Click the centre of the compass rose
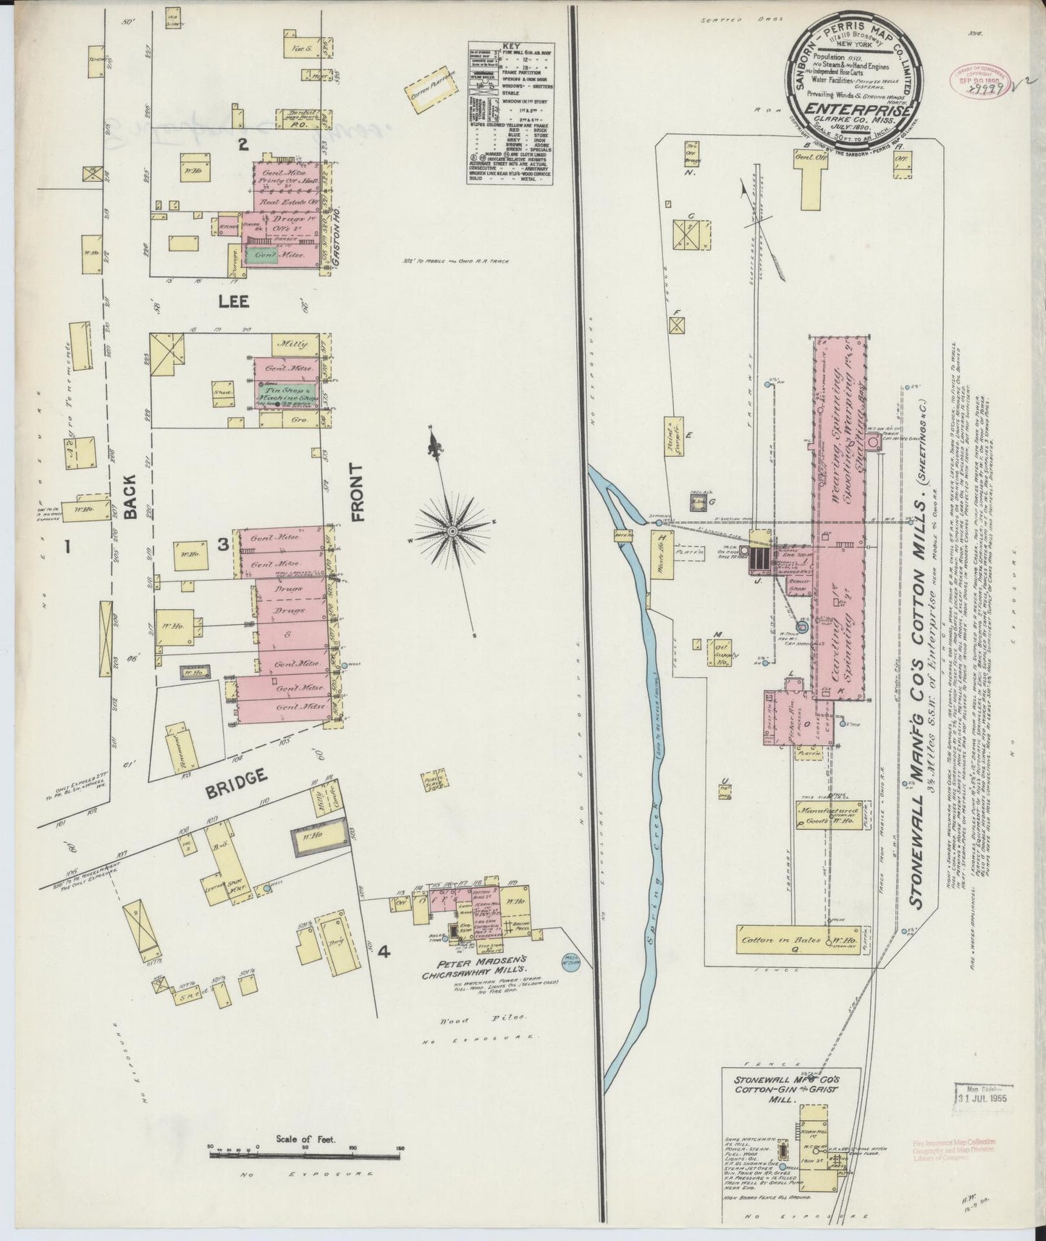click(x=452, y=532)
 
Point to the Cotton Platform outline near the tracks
click(x=434, y=91)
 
